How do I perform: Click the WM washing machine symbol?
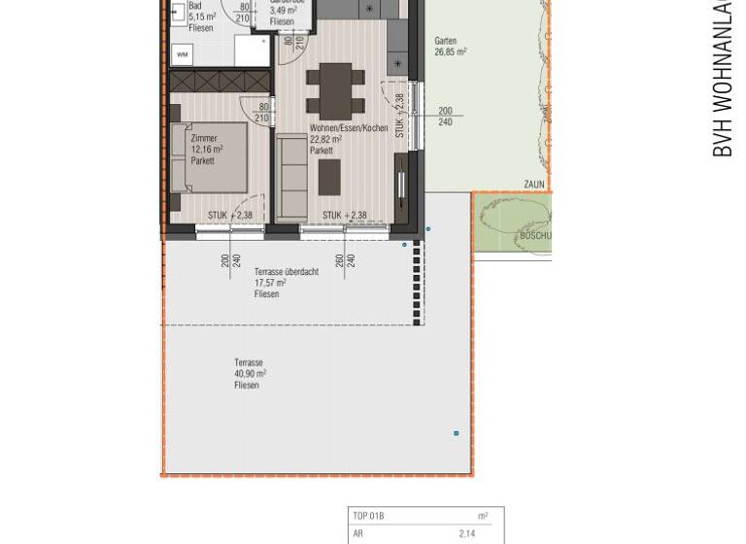click(182, 54)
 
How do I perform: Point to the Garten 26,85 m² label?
click(450, 47)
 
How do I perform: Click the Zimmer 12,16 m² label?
click(206, 150)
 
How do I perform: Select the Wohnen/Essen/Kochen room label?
click(348, 128)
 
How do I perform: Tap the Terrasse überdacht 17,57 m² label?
click(286, 283)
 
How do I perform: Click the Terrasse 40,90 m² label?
click(250, 374)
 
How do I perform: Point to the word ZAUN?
click(534, 185)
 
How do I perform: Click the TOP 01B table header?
click(369, 516)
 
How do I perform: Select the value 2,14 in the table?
click(467, 533)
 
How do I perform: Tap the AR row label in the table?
click(358, 533)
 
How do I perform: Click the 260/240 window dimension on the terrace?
click(345, 260)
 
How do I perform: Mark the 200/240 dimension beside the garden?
click(445, 117)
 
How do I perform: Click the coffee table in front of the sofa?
click(330, 177)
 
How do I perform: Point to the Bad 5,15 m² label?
click(201, 17)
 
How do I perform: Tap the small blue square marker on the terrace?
click(457, 433)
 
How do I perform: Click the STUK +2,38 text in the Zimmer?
click(230, 216)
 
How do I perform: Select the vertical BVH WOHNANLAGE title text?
click(722, 78)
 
